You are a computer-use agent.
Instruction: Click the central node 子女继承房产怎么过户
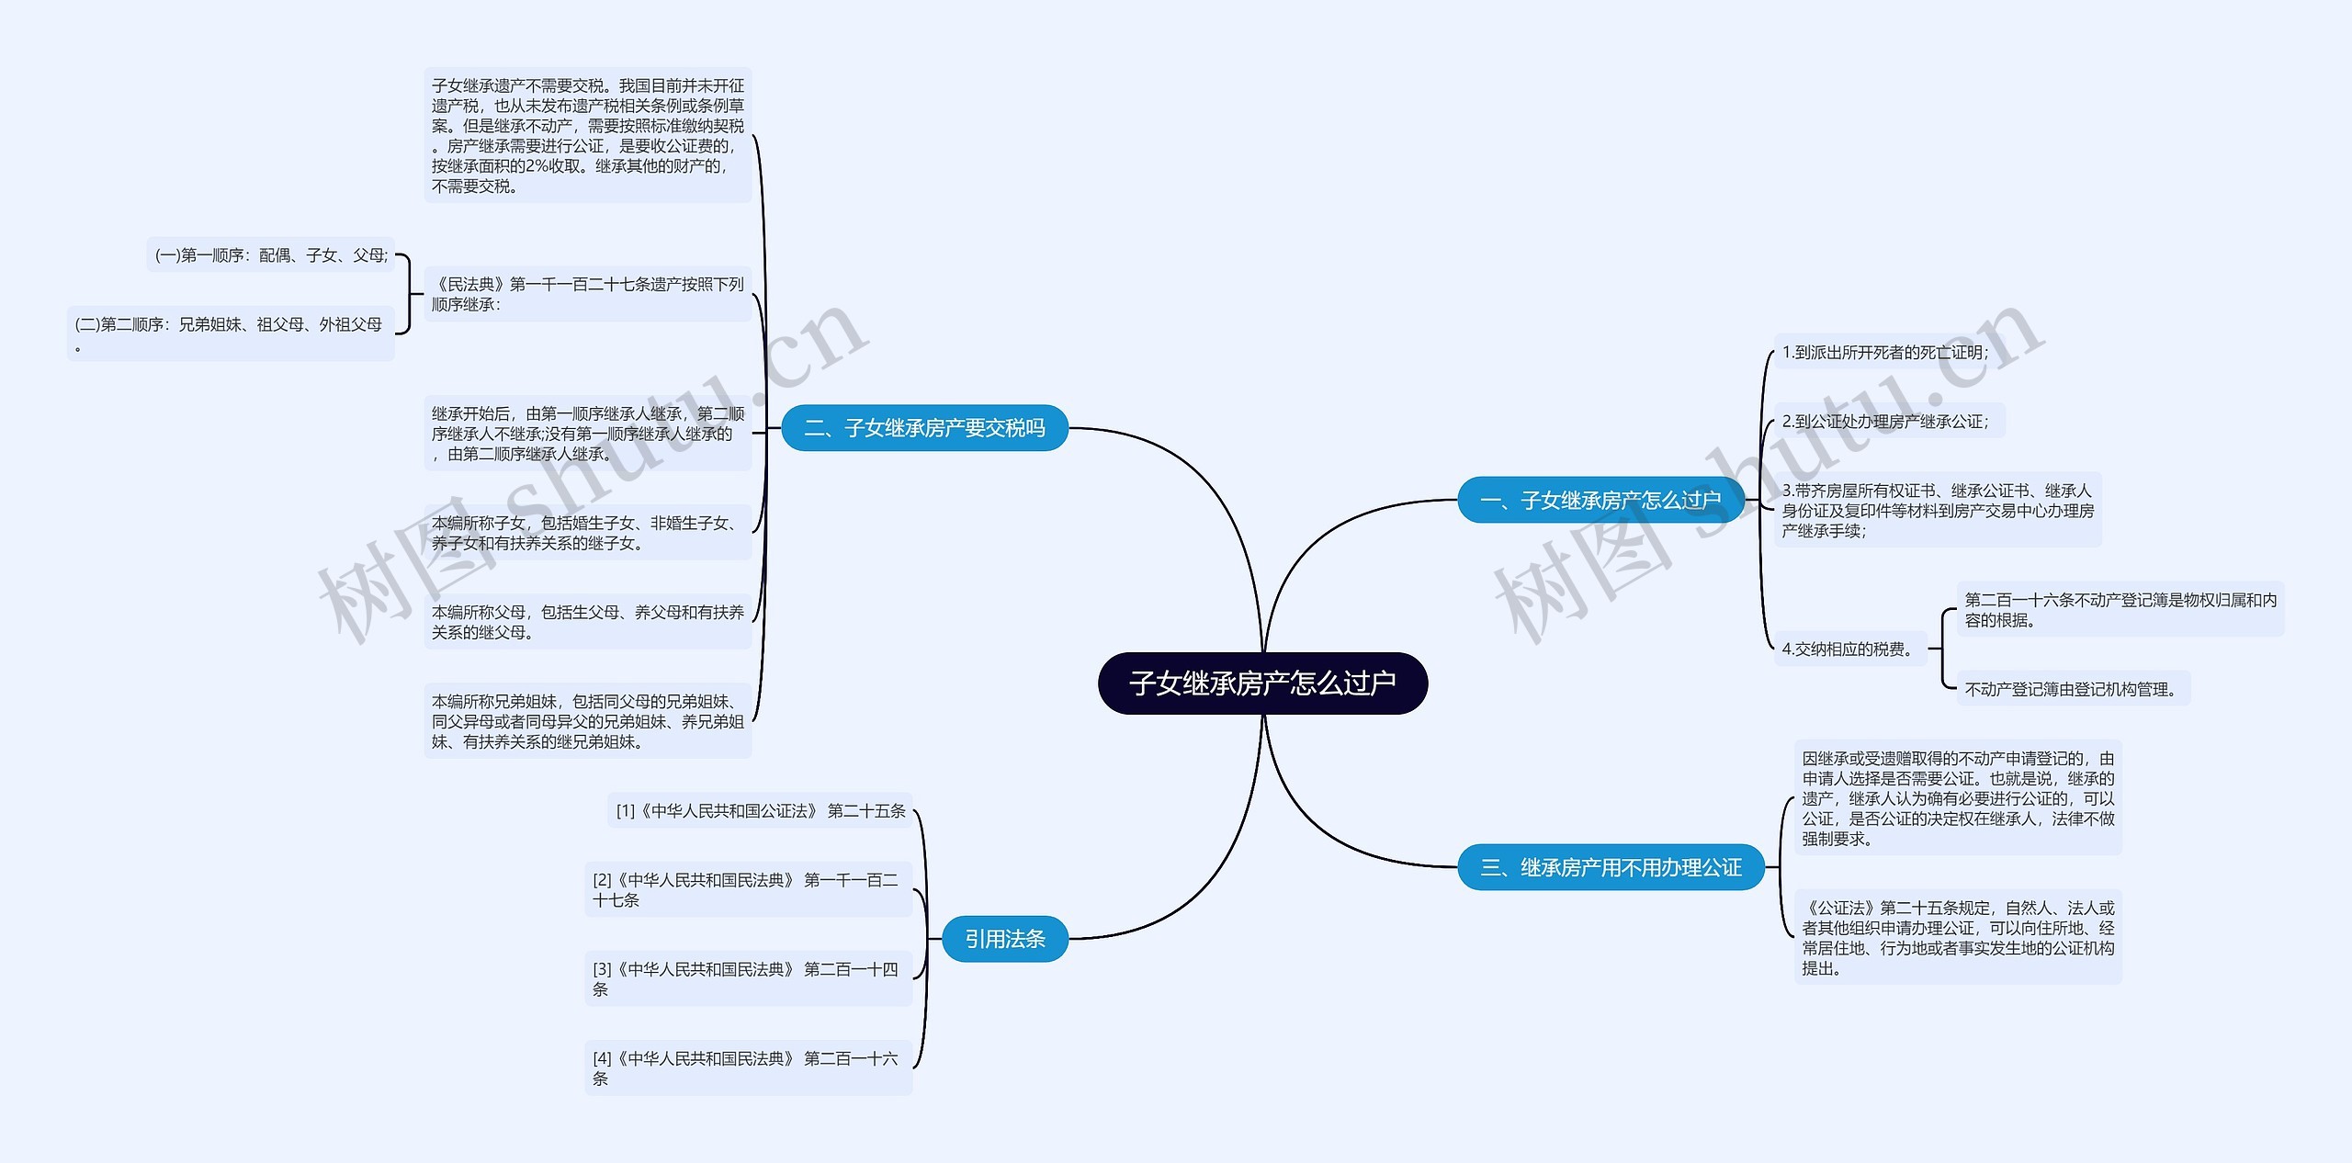[1262, 683]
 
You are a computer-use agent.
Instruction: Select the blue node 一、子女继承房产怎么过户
[1600, 501]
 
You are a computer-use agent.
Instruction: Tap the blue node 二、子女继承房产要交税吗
[924, 428]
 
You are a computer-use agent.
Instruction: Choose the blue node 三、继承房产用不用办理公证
[1611, 867]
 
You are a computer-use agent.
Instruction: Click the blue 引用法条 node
[1004, 939]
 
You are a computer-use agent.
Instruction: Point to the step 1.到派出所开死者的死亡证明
[1884, 353]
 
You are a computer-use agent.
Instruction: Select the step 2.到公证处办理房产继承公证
[1884, 422]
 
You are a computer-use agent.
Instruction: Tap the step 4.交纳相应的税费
[1847, 649]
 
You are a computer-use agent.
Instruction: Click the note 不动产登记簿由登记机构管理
[2071, 689]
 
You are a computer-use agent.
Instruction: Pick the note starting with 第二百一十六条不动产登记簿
[2120, 610]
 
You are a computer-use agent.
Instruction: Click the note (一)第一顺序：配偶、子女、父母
[271, 255]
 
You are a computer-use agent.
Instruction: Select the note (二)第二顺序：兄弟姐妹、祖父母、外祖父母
[230, 333]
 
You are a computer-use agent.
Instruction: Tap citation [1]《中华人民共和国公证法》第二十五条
[760, 811]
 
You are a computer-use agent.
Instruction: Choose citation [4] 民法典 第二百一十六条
[747, 1068]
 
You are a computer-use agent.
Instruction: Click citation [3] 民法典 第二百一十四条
[747, 979]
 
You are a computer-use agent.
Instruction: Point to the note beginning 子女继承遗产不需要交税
[587, 136]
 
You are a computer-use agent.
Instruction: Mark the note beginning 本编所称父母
[587, 622]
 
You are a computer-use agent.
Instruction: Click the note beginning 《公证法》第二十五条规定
[1957, 938]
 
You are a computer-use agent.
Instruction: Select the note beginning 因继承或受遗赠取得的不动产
[1957, 798]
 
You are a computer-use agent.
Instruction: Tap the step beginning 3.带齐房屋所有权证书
[1937, 511]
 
